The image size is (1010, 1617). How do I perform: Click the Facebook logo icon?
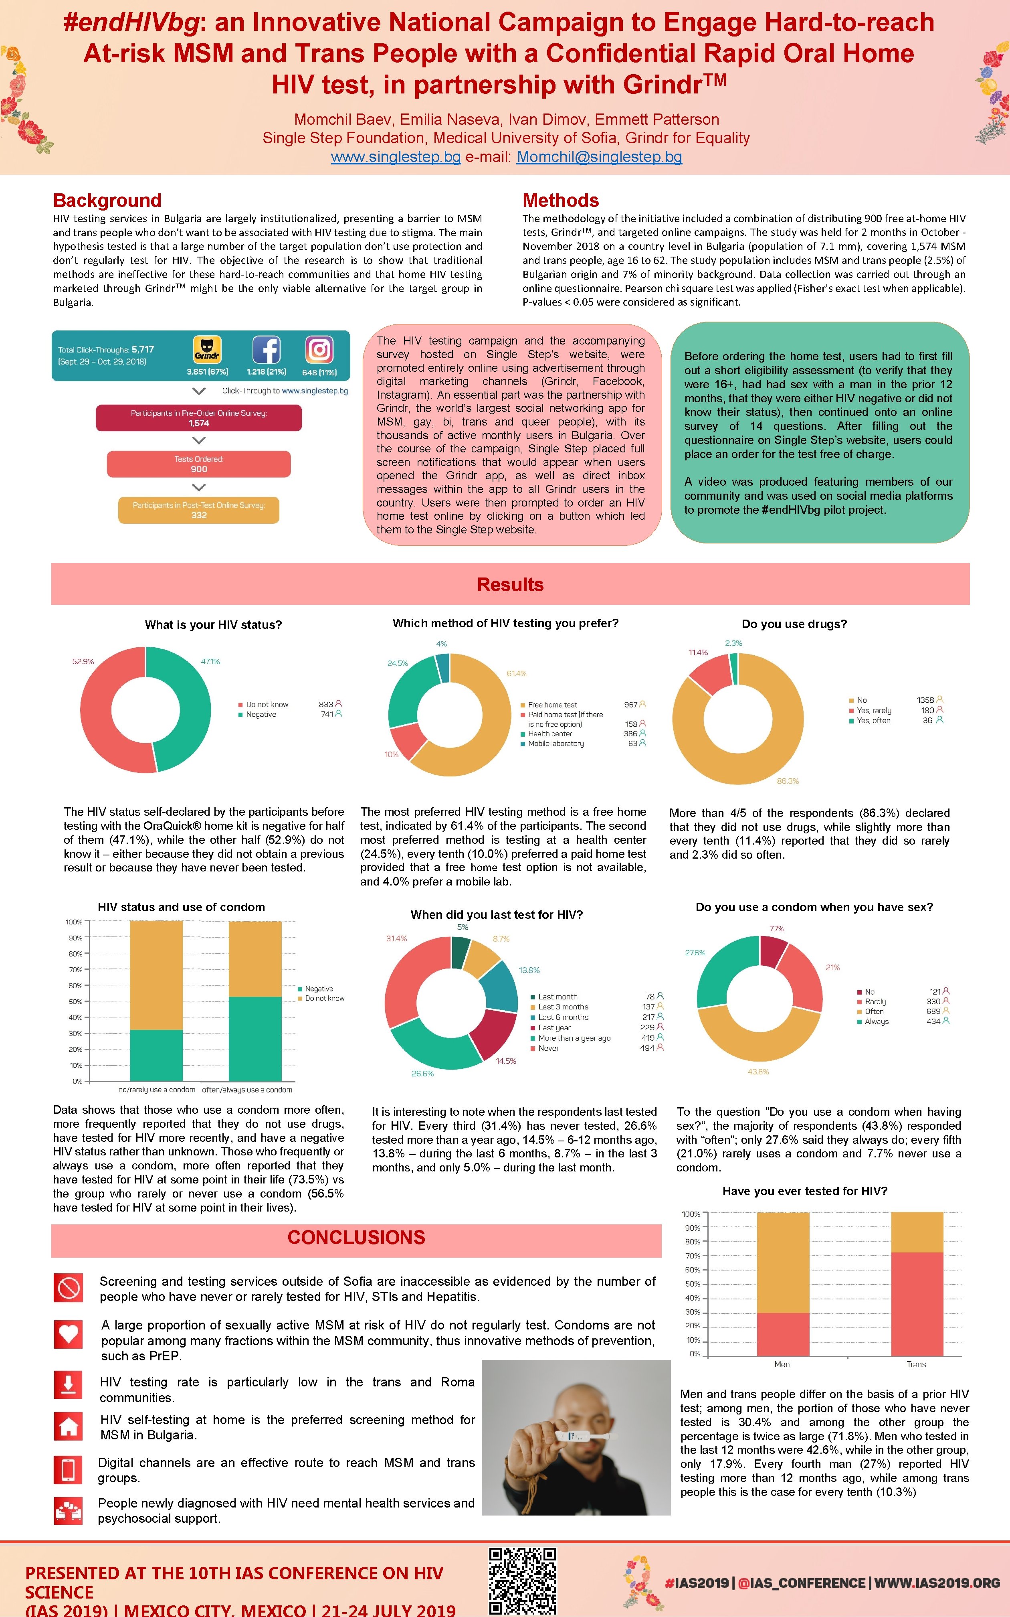266,349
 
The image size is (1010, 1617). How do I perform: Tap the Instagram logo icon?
319,349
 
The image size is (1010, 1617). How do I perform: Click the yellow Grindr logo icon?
207,349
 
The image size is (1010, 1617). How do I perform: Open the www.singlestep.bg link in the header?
396,157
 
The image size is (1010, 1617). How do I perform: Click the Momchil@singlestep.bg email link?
599,157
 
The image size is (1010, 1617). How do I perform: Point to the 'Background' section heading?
107,201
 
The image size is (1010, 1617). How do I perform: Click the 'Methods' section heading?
560,201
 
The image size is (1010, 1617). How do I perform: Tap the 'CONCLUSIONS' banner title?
356,1238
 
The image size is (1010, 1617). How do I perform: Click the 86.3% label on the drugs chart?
788,780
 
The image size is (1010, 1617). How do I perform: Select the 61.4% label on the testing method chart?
516,673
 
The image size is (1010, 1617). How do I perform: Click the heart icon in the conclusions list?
69,1334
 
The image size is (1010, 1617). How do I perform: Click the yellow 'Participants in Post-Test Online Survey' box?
198,510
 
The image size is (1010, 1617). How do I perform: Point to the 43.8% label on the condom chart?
758,1072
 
